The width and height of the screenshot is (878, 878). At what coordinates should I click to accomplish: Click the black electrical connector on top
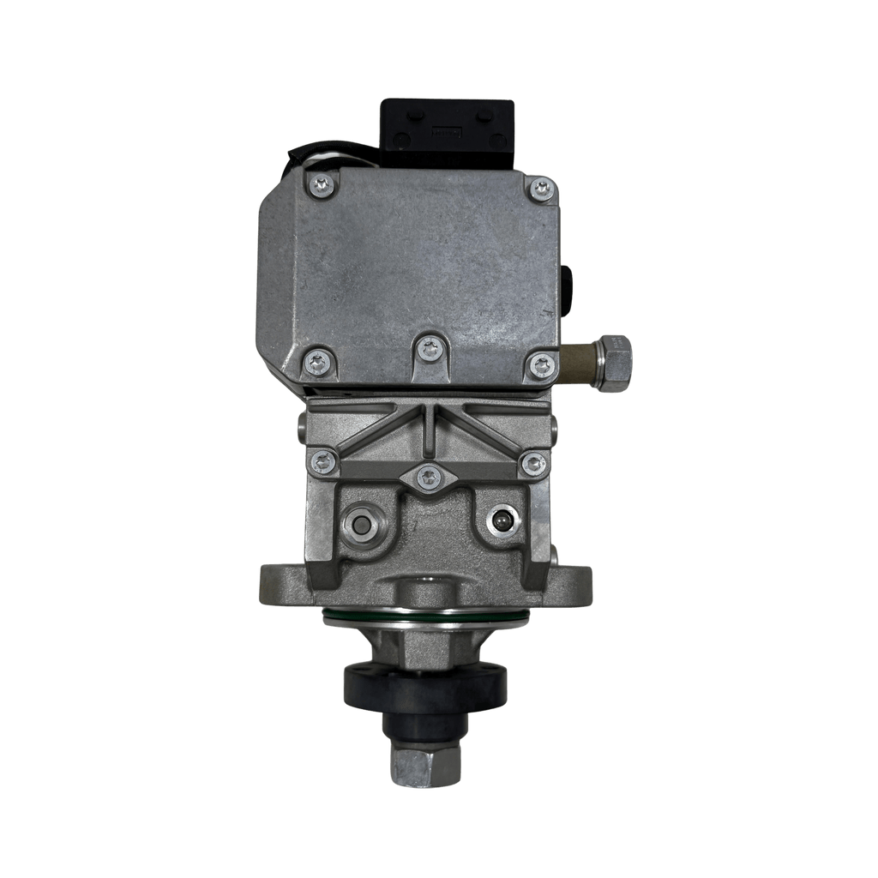(x=448, y=134)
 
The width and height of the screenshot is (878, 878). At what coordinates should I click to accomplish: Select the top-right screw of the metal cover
(x=542, y=189)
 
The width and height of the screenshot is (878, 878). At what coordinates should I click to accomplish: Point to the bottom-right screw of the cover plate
(x=542, y=366)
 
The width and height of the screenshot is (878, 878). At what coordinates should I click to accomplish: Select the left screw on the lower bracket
(x=323, y=461)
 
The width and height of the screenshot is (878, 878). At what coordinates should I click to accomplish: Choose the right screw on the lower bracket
(x=533, y=464)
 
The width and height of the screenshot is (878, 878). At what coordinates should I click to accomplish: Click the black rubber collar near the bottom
(x=424, y=684)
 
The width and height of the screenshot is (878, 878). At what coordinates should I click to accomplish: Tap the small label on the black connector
(x=445, y=133)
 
